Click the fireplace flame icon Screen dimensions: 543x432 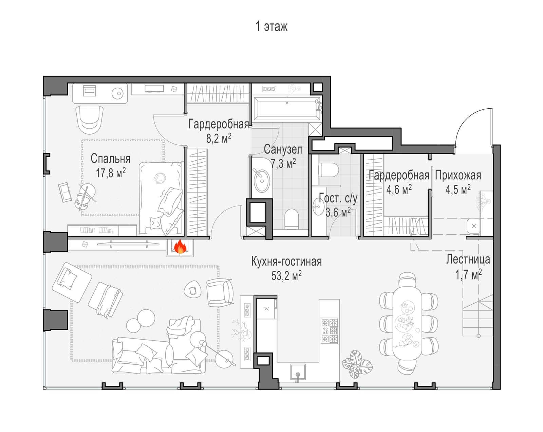180,246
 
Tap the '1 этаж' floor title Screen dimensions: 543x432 271,26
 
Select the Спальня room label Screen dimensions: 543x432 111,159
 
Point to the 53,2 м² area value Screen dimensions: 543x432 286,275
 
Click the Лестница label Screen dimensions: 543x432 468,259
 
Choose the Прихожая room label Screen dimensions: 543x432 458,175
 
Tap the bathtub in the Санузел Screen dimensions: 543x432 287,109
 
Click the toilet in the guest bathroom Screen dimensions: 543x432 328,170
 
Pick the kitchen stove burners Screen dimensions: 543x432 330,330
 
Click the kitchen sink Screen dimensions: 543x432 298,372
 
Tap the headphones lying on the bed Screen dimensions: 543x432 160,178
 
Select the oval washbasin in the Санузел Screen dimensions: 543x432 262,181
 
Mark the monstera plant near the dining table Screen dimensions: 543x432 357,364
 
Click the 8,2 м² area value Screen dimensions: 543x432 219,138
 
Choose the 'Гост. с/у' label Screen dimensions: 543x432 338,198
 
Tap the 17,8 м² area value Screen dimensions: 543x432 111,173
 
